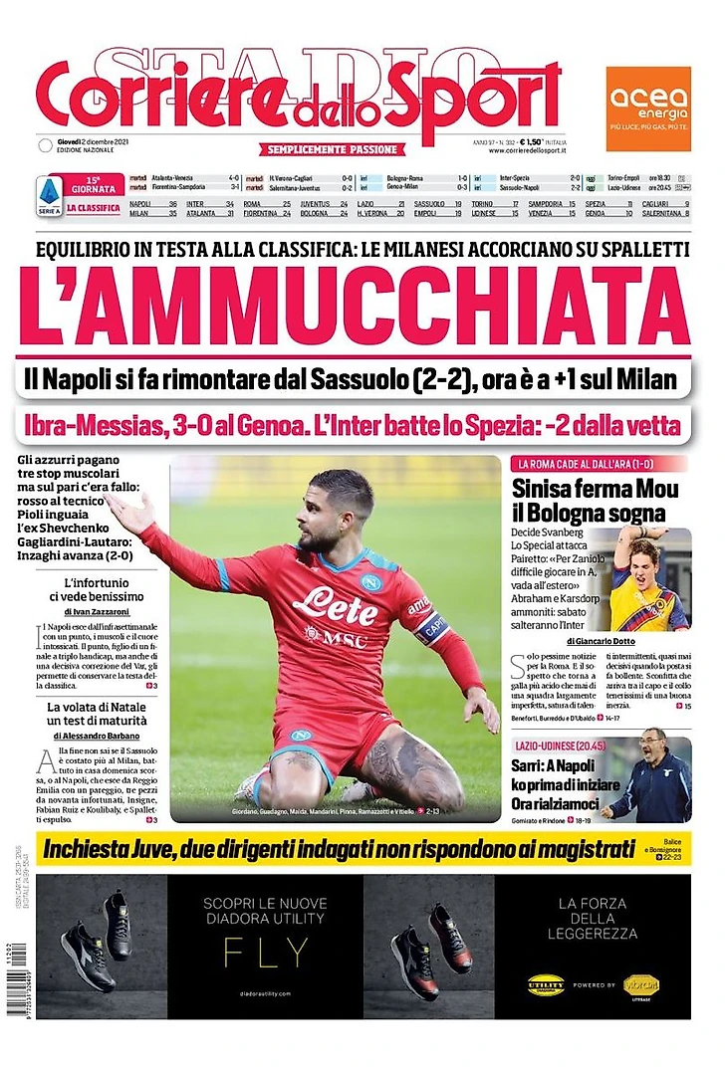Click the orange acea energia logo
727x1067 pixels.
click(x=648, y=108)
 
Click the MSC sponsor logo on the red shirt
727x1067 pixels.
click(x=335, y=637)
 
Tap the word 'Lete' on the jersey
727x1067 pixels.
click(x=335, y=604)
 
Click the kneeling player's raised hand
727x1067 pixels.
click(x=130, y=512)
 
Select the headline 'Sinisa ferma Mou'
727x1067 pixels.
click(x=595, y=489)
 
